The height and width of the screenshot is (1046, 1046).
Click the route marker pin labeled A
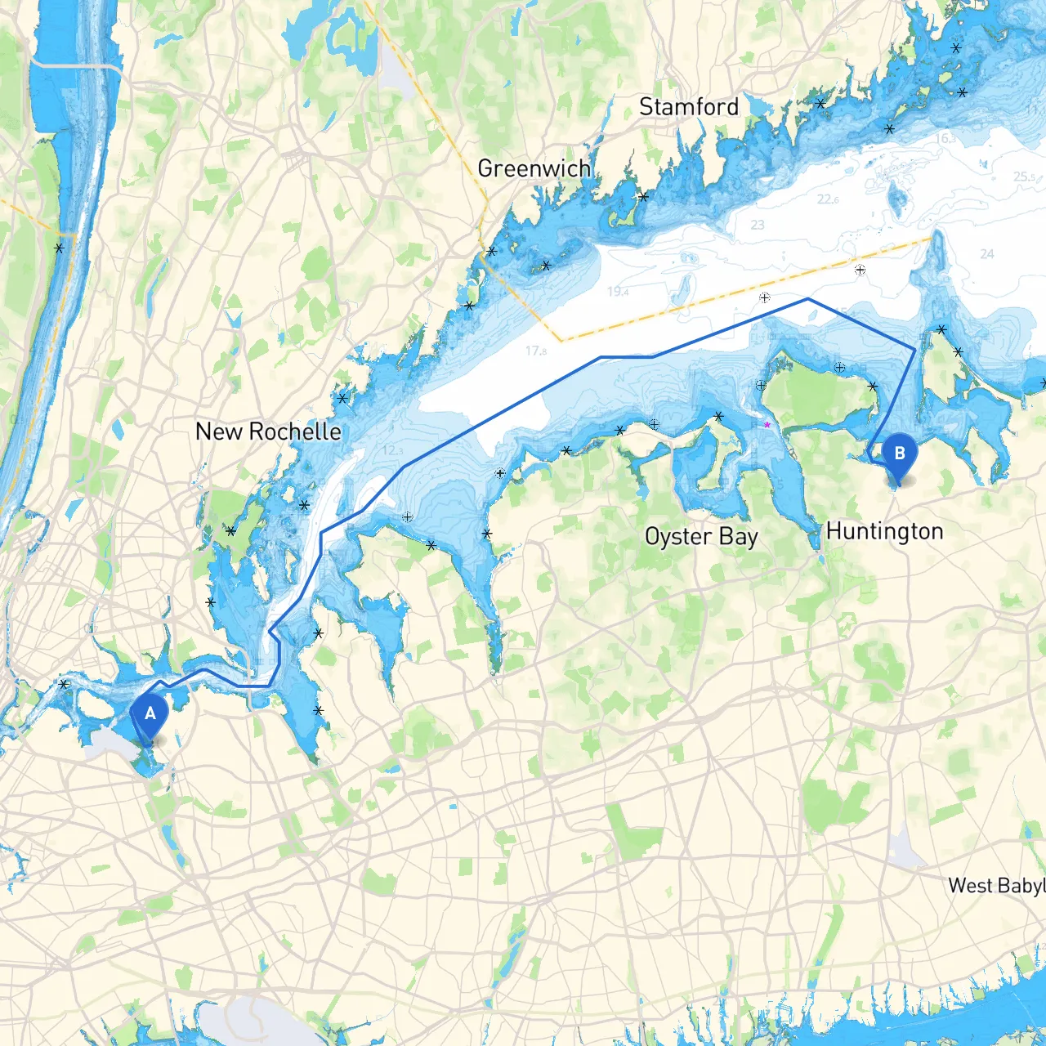click(150, 715)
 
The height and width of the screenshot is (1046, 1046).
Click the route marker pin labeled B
click(899, 455)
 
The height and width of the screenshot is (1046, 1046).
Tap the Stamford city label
click(688, 107)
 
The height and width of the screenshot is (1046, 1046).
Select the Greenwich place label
click(534, 168)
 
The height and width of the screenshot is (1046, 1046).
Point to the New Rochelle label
click(268, 431)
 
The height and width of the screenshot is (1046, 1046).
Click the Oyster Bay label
click(701, 537)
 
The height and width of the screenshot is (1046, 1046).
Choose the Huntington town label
click(884, 531)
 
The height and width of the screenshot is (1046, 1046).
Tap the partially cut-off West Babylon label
click(995, 886)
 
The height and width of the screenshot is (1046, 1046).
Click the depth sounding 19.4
click(618, 292)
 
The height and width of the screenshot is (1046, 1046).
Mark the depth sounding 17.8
click(536, 351)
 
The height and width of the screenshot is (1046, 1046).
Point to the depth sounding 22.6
click(828, 199)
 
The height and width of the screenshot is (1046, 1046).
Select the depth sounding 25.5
click(1024, 177)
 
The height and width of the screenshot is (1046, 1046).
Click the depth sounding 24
click(986, 254)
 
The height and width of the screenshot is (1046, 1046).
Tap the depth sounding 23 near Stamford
click(758, 225)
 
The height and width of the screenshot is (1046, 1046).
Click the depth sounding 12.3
click(392, 450)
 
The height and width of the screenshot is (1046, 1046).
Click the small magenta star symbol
click(767, 425)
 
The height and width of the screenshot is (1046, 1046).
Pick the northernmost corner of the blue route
click(808, 299)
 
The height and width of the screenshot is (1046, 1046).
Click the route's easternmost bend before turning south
click(914, 350)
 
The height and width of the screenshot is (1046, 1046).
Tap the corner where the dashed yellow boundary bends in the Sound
click(561, 341)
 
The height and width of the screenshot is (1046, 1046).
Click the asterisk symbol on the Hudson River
click(59, 248)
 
